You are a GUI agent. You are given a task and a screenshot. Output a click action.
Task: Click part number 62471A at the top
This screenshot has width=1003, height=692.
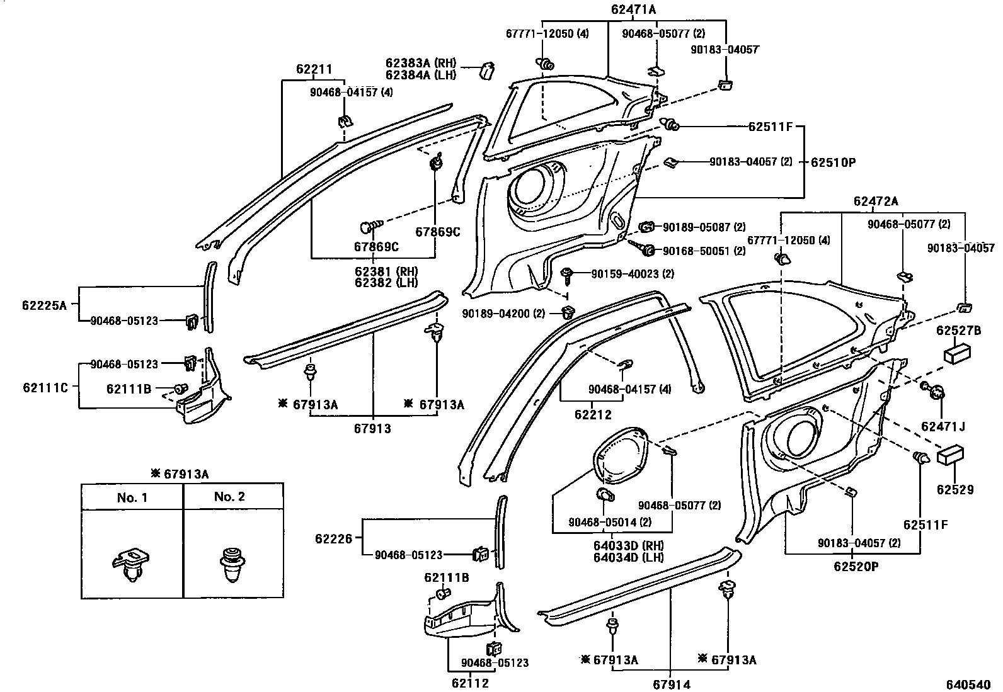coord(633,9)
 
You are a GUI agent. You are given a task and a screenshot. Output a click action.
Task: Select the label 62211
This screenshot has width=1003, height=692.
coord(314,69)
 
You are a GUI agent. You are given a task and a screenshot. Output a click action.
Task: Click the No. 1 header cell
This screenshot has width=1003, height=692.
coord(132,497)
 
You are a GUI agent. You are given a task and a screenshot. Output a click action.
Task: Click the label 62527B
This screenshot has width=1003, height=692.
coord(958,331)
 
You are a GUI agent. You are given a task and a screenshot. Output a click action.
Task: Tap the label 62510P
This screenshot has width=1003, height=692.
coord(833,162)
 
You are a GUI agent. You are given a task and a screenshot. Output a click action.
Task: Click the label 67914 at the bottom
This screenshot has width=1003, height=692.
coord(671,684)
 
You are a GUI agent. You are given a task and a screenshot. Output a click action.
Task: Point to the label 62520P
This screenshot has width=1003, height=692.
coord(856,566)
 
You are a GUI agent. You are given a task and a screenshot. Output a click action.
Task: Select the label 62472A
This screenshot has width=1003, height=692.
coord(876,201)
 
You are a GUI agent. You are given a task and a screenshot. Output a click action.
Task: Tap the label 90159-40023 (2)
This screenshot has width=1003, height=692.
coord(632,274)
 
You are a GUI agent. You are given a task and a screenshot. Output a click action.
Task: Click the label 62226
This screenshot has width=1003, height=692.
coord(334,539)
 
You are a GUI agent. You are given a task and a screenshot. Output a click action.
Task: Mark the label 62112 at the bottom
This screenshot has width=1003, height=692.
coord(469,682)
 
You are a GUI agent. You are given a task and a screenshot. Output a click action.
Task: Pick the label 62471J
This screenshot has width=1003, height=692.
coord(943,426)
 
